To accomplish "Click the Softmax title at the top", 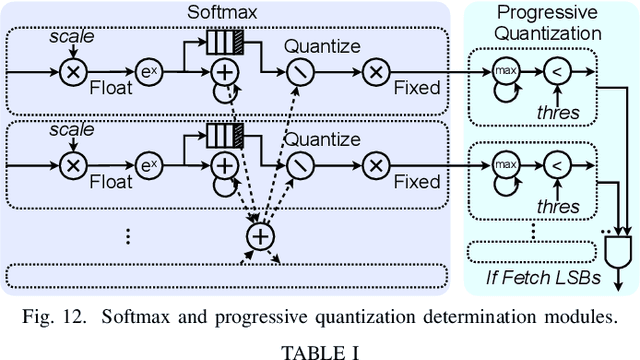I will (224, 11).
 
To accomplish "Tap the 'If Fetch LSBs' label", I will (537, 276).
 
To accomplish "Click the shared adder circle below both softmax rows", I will (260, 236).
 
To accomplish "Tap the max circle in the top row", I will (504, 72).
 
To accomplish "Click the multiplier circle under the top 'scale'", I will (72, 72).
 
